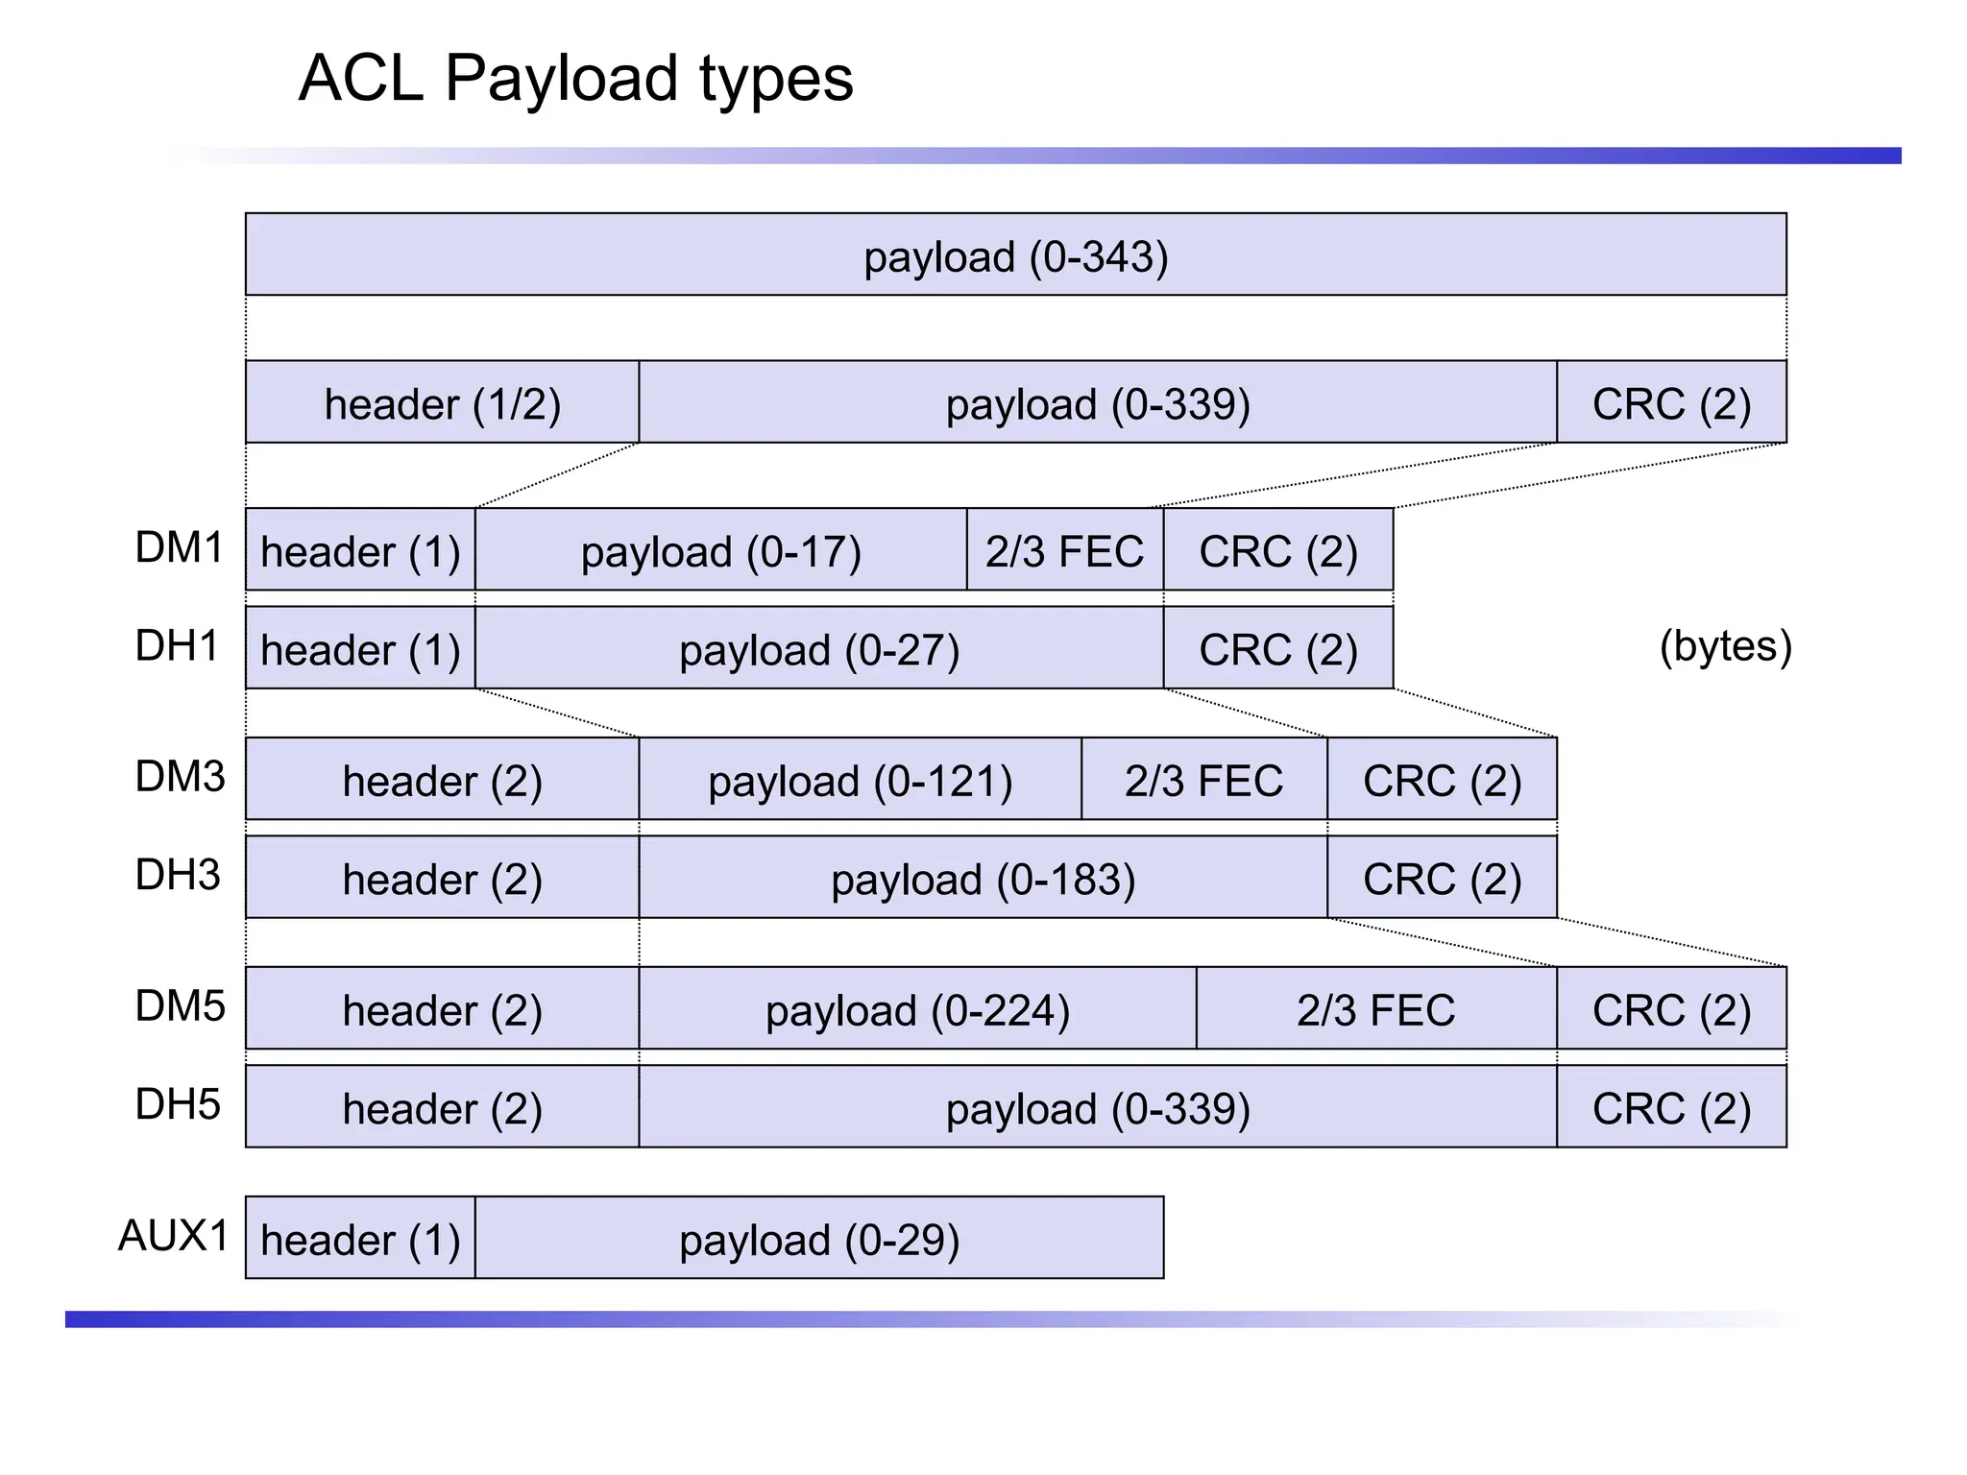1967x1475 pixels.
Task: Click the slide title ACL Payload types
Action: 575,78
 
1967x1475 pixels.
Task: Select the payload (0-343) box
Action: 1015,254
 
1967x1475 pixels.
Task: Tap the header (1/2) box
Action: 442,402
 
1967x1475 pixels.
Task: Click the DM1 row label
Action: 179,548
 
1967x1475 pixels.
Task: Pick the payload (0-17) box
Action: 720,550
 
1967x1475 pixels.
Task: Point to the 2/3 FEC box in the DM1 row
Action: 1064,550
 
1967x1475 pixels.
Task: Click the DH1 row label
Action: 178,646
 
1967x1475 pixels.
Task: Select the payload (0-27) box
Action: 818,648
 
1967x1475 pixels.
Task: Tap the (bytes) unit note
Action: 1725,646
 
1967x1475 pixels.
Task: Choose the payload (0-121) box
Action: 860,780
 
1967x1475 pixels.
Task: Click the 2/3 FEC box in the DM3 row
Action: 1203,780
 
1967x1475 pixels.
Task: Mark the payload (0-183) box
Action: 983,878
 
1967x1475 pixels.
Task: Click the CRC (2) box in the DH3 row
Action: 1442,878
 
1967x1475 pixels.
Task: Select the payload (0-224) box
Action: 917,1009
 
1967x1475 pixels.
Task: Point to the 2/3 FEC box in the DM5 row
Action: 1375,1009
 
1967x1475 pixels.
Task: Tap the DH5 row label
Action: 178,1104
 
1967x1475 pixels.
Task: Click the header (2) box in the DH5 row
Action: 442,1107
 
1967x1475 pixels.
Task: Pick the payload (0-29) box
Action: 818,1239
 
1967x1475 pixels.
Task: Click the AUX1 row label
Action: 173,1236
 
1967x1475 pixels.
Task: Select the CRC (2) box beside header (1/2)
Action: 1671,402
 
